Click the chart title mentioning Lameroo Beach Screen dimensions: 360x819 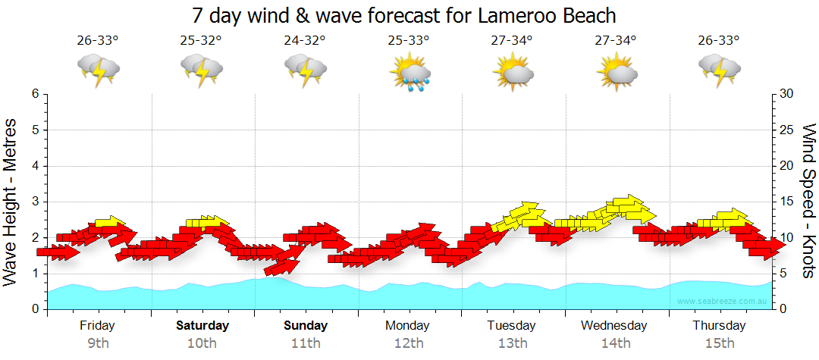point(403,15)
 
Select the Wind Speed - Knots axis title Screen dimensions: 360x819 point(807,202)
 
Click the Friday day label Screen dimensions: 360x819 point(97,326)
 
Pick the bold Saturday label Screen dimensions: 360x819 point(202,326)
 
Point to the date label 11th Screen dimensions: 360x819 point(305,343)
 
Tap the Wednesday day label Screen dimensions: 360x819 point(614,326)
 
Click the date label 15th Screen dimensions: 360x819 point(720,343)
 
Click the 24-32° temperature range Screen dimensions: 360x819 point(305,41)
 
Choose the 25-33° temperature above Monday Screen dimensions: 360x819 point(409,41)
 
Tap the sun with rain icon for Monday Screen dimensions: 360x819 point(409,73)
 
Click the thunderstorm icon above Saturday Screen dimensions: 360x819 point(202,71)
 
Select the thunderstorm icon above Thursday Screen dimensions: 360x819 point(719,71)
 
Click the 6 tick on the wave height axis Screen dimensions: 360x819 point(35,94)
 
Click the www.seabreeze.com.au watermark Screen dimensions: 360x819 point(723,301)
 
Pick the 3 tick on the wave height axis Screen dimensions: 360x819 point(35,202)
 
